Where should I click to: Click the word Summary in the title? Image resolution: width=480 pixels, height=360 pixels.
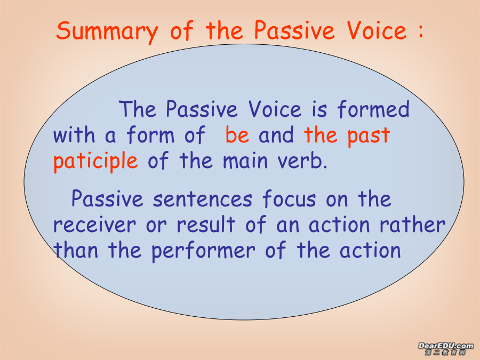click(107, 32)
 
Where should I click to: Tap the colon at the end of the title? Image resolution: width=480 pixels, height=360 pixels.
click(421, 31)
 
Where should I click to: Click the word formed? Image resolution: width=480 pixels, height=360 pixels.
click(373, 109)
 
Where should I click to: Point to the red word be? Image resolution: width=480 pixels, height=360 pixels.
click(237, 134)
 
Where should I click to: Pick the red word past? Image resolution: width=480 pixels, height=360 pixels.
click(369, 136)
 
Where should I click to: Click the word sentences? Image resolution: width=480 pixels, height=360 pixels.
click(203, 199)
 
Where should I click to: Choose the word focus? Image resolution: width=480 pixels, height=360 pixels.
click(289, 199)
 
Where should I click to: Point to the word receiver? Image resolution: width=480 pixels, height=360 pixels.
click(94, 225)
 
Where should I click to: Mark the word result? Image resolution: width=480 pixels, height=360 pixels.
click(206, 225)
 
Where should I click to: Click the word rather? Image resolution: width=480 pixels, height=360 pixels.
click(412, 225)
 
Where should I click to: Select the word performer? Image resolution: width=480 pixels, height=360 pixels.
click(203, 251)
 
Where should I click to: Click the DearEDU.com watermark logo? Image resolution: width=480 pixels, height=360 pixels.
click(446, 349)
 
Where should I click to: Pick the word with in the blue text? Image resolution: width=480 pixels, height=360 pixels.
click(74, 134)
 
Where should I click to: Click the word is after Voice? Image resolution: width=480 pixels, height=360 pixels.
click(319, 109)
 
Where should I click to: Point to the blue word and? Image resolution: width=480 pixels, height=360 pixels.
click(276, 134)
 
